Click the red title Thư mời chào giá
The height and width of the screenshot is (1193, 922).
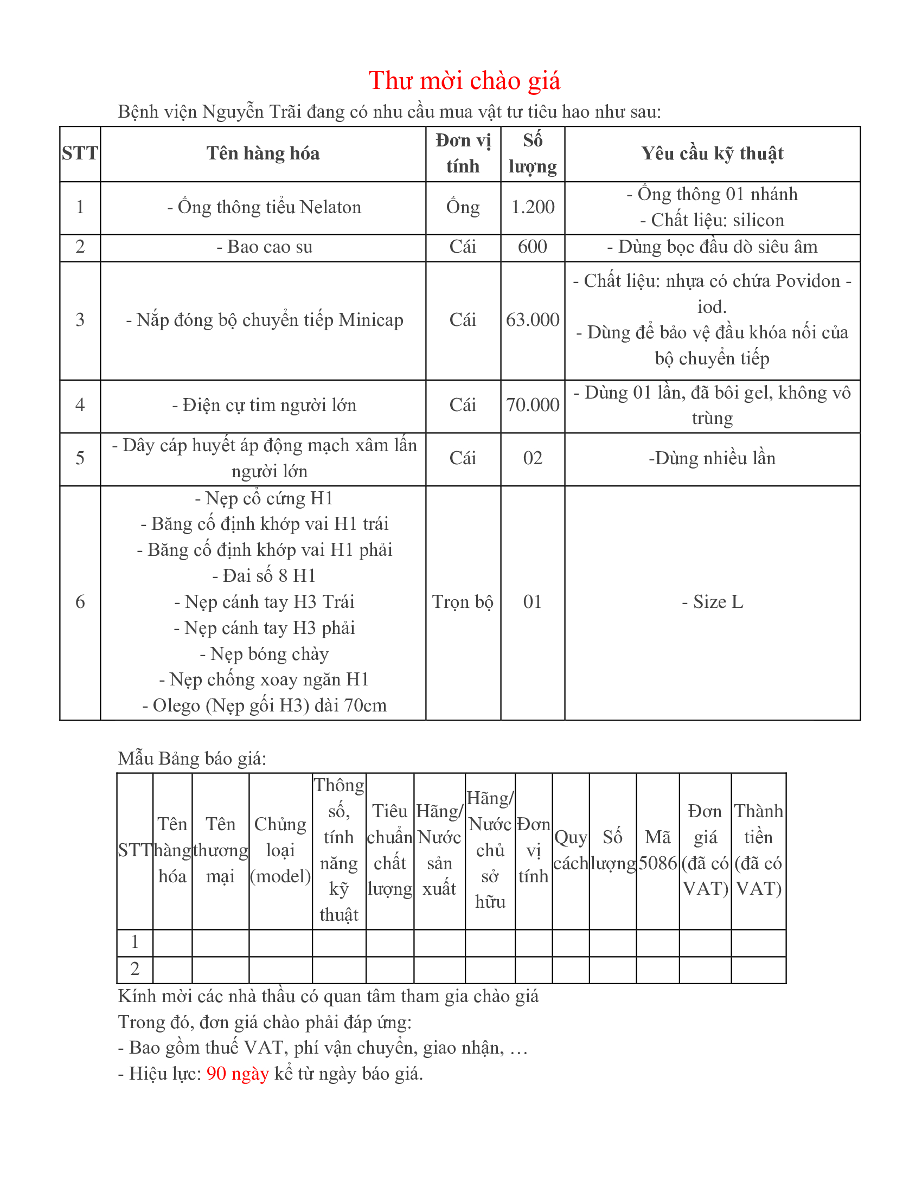pyautogui.click(x=464, y=81)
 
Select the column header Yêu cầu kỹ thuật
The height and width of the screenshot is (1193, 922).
pyautogui.click(x=712, y=153)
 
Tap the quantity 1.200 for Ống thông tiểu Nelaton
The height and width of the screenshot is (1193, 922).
pyautogui.click(x=533, y=207)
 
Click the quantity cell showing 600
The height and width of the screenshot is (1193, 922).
pyautogui.click(x=533, y=247)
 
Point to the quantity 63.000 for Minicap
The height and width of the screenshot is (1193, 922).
pyautogui.click(x=533, y=319)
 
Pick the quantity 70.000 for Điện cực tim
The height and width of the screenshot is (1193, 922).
pyautogui.click(x=533, y=405)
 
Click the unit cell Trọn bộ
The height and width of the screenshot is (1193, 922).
pyautogui.click(x=463, y=602)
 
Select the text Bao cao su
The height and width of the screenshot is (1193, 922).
pyautogui.click(x=264, y=247)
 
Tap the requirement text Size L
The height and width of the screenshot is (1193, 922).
pyautogui.click(x=712, y=602)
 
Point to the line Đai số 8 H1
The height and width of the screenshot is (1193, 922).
pyautogui.click(x=264, y=576)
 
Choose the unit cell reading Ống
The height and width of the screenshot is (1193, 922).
pyautogui.click(x=463, y=207)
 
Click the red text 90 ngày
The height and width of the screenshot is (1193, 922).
pyautogui.click(x=238, y=1073)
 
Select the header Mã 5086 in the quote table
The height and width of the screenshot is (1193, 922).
pyautogui.click(x=658, y=850)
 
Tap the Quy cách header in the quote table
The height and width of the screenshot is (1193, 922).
pyautogui.click(x=570, y=850)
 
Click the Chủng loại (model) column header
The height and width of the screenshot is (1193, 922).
pyautogui.click(x=280, y=850)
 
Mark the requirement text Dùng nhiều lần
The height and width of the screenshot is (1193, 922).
pyautogui.click(x=712, y=458)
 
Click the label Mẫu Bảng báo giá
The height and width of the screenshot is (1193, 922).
pyautogui.click(x=191, y=759)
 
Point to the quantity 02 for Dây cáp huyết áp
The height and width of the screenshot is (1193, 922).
pyautogui.click(x=533, y=458)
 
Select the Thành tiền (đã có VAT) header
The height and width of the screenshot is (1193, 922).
pyautogui.click(x=758, y=850)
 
